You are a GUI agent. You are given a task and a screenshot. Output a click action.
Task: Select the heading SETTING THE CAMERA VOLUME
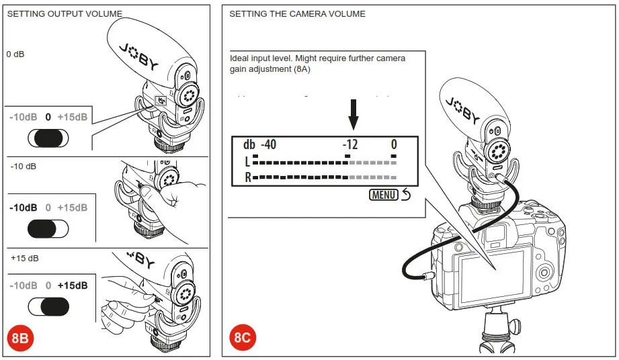297,14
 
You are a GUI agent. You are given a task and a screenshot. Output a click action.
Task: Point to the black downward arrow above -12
354,116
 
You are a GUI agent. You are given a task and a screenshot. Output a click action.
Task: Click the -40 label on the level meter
268,144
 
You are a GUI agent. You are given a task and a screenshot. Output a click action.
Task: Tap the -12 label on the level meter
350,144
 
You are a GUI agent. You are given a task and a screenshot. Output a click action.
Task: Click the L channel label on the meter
247,162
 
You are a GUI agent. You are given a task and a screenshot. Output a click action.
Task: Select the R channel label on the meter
247,178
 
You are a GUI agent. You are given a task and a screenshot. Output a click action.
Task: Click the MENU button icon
384,195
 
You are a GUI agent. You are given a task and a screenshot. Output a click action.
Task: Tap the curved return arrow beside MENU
405,195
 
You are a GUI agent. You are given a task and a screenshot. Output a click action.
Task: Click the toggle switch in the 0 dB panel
48,138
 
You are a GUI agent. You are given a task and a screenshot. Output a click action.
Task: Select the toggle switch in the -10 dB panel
48,228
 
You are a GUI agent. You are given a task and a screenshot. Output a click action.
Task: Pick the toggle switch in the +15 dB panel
48,306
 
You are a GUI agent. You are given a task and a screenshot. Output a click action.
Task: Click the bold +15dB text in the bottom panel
73,285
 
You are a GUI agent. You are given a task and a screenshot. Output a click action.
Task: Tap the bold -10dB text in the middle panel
24,208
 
